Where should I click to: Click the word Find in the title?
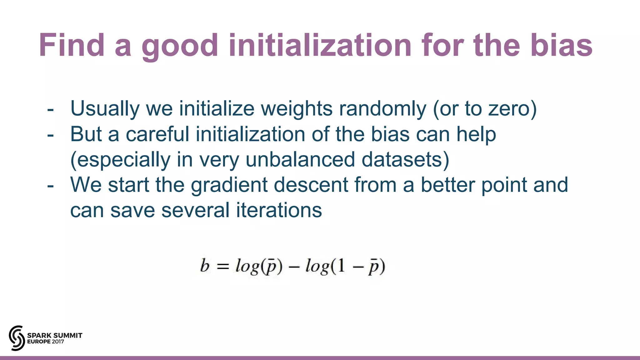click(72, 46)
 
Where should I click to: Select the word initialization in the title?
click(320, 46)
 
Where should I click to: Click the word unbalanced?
click(300, 159)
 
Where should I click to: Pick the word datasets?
click(403, 159)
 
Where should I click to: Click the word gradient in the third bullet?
click(229, 185)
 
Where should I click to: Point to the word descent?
click(311, 185)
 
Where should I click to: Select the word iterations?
click(279, 210)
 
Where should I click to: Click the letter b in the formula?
click(205, 266)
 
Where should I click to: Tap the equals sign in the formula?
click(222, 267)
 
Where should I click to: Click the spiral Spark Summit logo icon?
click(17, 338)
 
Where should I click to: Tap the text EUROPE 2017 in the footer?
click(46, 342)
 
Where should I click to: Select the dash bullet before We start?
click(50, 186)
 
